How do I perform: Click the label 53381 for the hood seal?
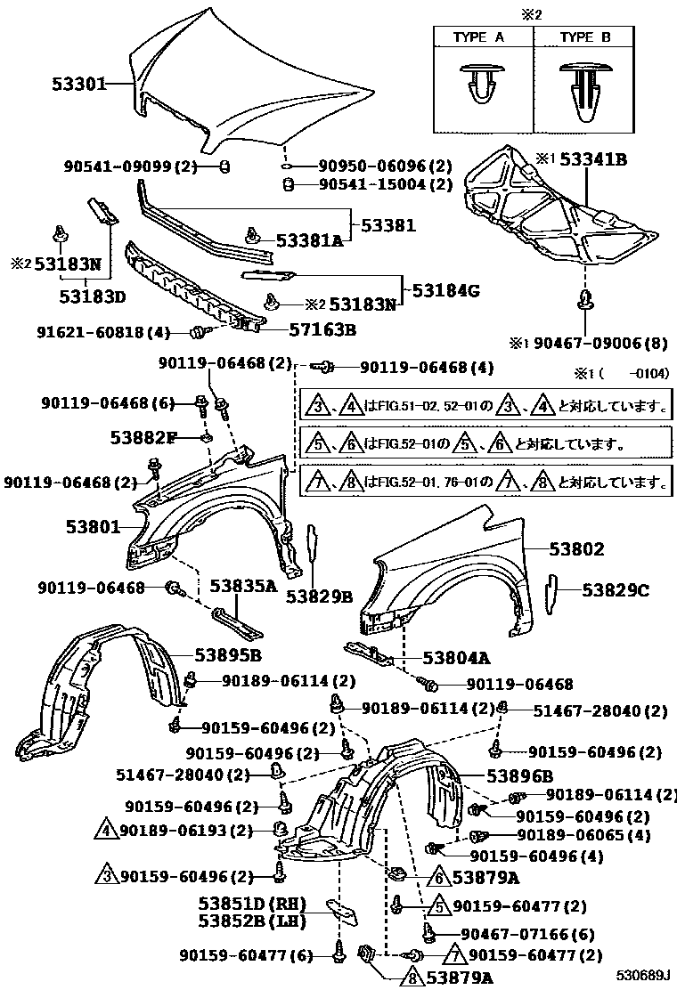[x=388, y=225]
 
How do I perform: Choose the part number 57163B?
[x=322, y=329]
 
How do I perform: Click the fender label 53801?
[x=92, y=526]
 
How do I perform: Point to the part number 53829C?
[x=616, y=589]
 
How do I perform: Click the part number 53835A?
[x=243, y=586]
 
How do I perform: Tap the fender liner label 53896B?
[x=520, y=775]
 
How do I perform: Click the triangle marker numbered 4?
[x=105, y=832]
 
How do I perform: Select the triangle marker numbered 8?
[x=412, y=978]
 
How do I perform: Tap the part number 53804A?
[x=456, y=658]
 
